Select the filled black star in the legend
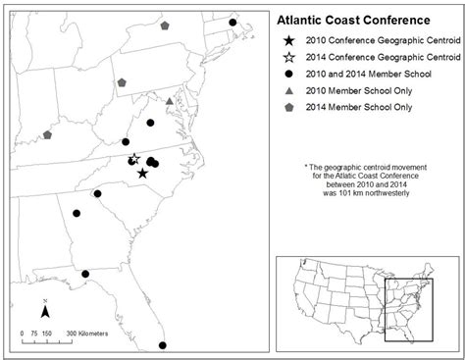(x=288, y=41)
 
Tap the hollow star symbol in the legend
(x=288, y=58)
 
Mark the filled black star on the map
(x=143, y=174)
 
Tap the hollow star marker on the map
(x=134, y=158)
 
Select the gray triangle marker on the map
(x=170, y=101)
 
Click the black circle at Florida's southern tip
(x=162, y=344)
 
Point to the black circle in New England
(x=232, y=22)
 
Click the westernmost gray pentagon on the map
(x=46, y=134)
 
